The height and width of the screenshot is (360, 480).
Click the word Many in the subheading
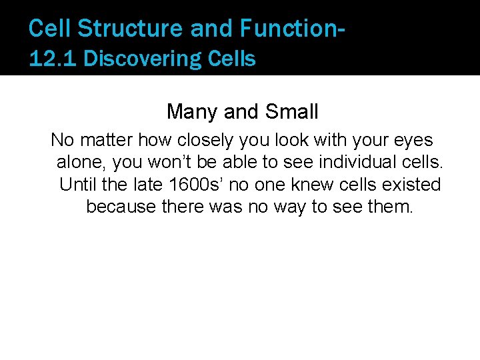pos(188,111)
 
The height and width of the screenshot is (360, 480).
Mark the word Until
pos(77,184)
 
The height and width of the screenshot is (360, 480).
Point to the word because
pos(121,207)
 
